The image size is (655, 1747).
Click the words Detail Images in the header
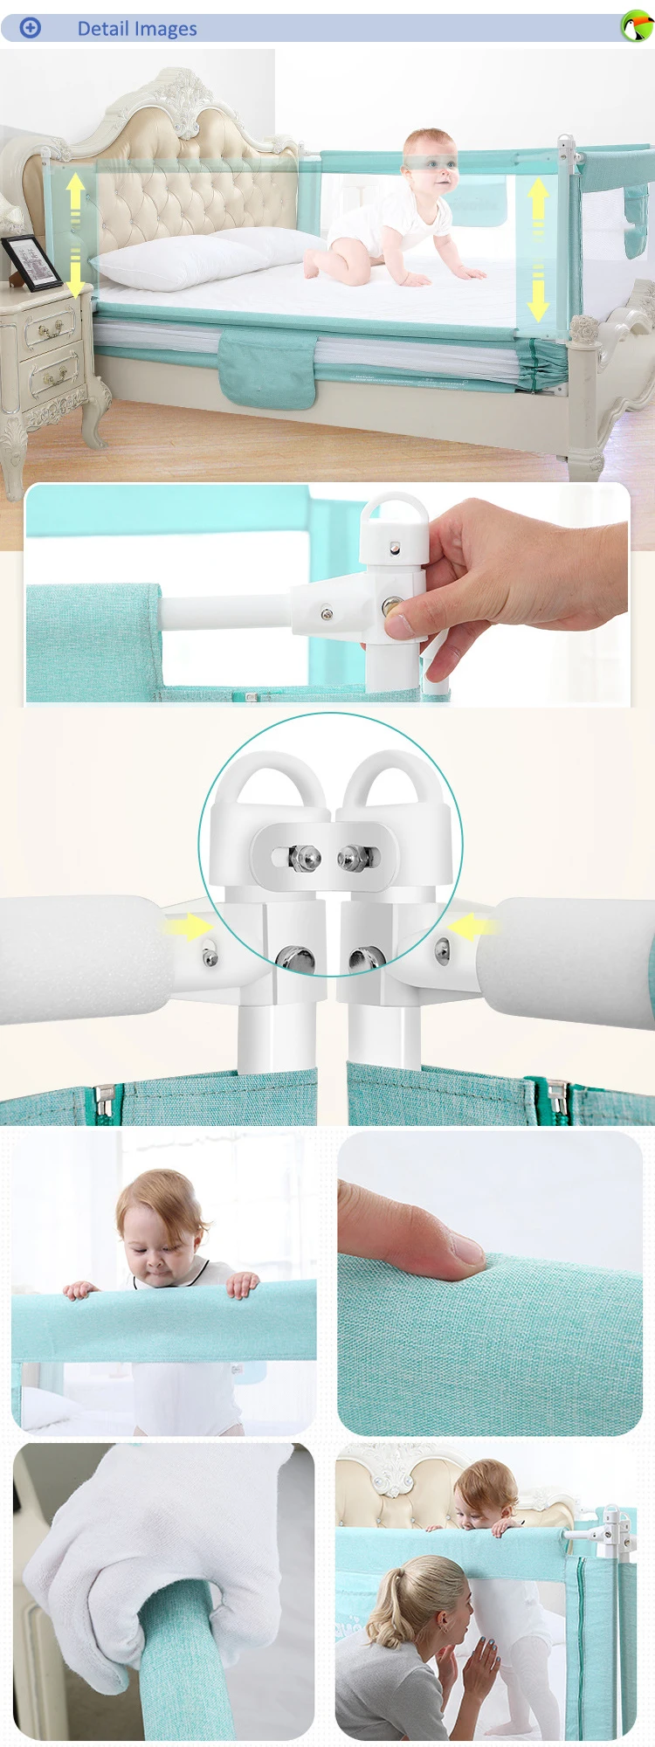click(137, 29)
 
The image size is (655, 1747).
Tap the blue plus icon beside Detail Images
click(31, 28)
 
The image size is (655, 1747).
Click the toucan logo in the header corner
click(637, 26)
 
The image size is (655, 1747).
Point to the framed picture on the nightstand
click(31, 262)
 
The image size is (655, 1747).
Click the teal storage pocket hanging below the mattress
click(266, 369)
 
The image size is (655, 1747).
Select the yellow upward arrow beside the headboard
click(76, 191)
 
